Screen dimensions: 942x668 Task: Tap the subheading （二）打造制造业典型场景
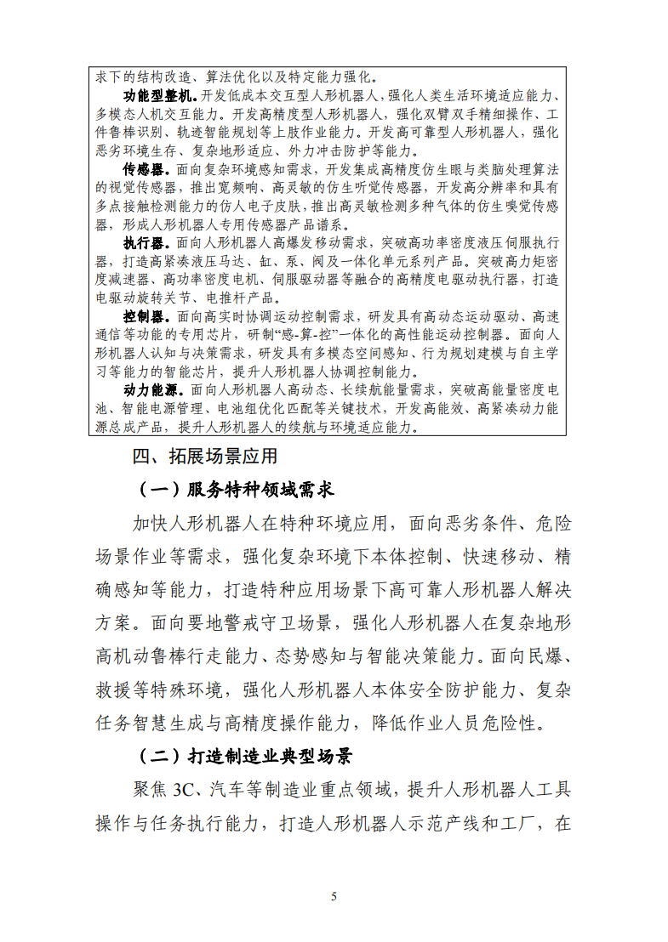[246, 756]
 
